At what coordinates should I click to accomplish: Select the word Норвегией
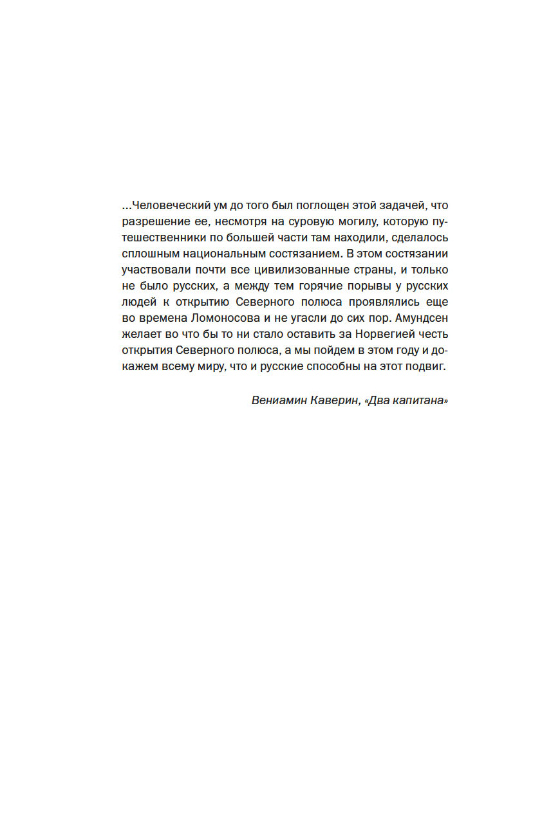coord(375,334)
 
